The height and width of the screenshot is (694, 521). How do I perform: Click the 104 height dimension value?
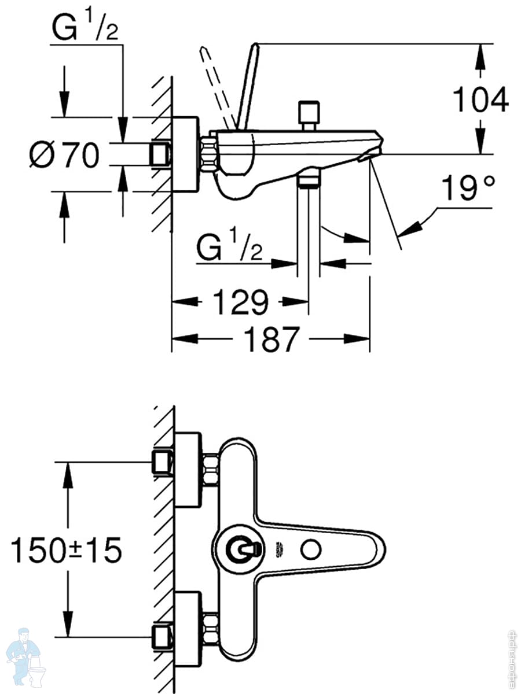coord(480,99)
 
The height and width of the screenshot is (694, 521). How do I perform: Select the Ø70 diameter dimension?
coord(65,155)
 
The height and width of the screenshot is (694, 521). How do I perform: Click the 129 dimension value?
coord(240,301)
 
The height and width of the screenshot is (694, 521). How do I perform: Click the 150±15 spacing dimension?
coord(67,549)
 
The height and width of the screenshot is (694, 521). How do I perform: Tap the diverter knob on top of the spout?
coord(309,114)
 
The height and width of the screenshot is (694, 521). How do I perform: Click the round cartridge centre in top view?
coord(239,549)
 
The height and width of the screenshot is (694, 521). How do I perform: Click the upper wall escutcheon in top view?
coord(188,469)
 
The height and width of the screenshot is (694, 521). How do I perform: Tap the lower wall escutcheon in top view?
coord(188,628)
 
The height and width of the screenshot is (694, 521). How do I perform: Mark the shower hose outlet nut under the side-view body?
coord(309,179)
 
